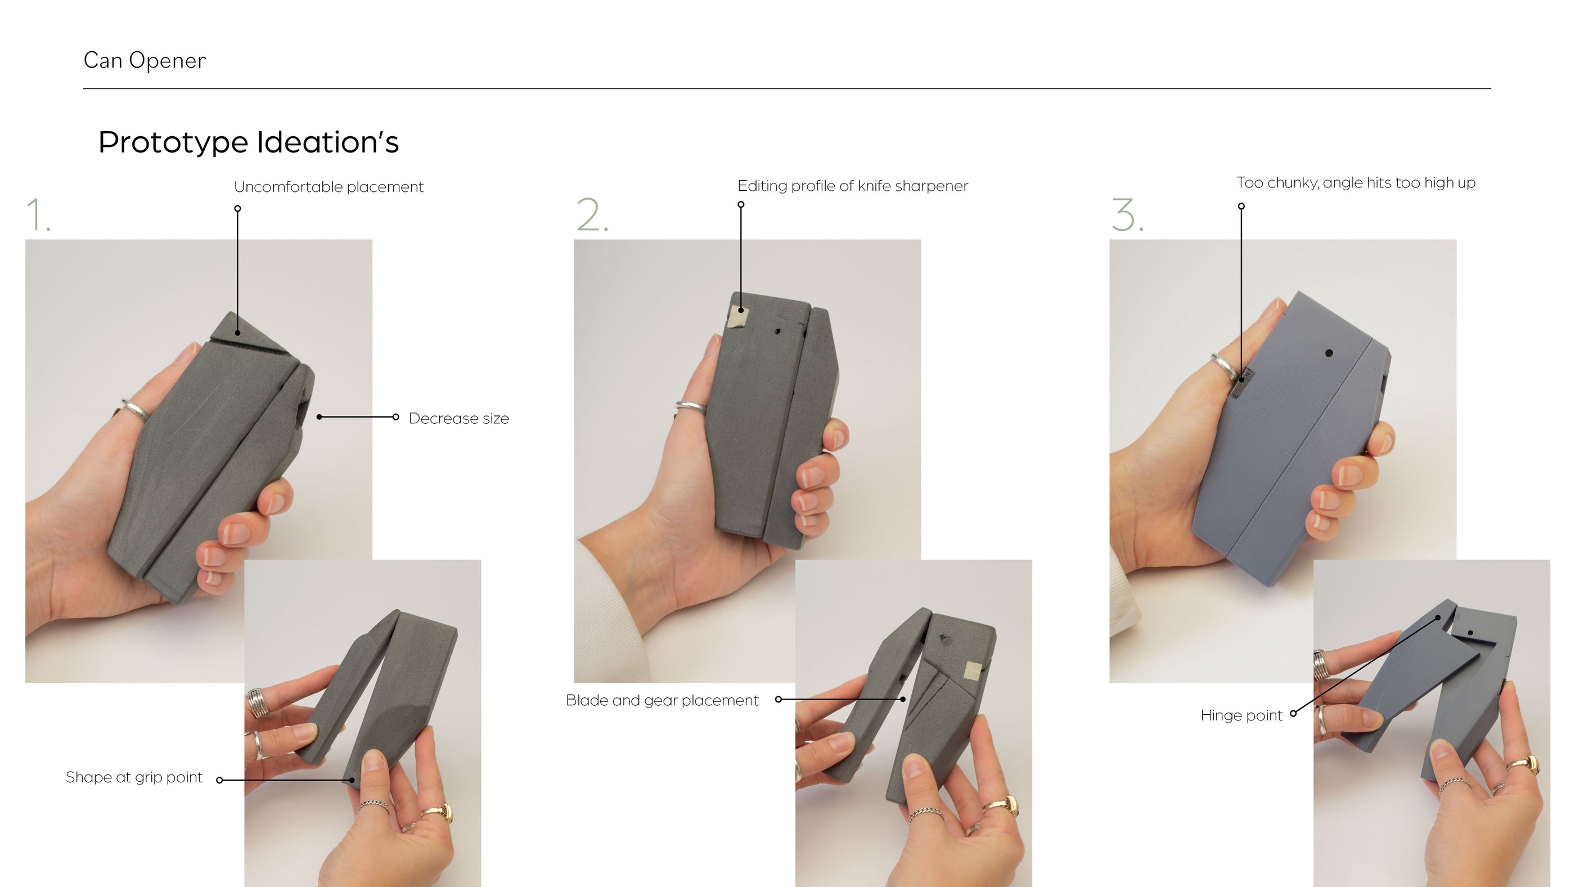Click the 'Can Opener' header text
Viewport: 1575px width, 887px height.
click(x=145, y=61)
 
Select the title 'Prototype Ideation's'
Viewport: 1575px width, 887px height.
click(x=248, y=142)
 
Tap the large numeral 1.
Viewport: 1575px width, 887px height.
click(x=38, y=215)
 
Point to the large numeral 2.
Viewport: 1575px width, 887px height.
click(x=592, y=215)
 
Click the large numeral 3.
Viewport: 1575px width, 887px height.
click(x=1127, y=215)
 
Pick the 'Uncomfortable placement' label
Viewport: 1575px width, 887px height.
click(x=329, y=187)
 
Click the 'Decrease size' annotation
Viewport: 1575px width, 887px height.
click(x=458, y=418)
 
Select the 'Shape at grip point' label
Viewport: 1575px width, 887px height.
click(x=134, y=777)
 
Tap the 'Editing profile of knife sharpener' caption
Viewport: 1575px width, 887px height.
click(x=852, y=186)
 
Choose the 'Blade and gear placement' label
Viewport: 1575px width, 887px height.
click(x=662, y=700)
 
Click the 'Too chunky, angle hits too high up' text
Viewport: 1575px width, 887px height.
click(x=1356, y=183)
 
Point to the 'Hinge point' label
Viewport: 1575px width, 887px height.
click(x=1241, y=716)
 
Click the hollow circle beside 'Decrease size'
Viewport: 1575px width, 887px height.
click(x=395, y=417)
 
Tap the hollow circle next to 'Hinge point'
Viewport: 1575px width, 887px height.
click(x=1293, y=713)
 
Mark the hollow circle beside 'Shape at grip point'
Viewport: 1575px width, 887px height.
click(x=219, y=780)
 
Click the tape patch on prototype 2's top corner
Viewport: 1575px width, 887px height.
click(x=738, y=317)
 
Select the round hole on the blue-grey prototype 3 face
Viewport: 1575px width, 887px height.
click(x=1329, y=353)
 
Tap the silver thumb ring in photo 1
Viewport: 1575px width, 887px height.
click(x=136, y=409)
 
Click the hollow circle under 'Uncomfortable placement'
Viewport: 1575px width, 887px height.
click(x=238, y=209)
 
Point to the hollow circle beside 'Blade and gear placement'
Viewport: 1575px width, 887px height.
click(x=778, y=699)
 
